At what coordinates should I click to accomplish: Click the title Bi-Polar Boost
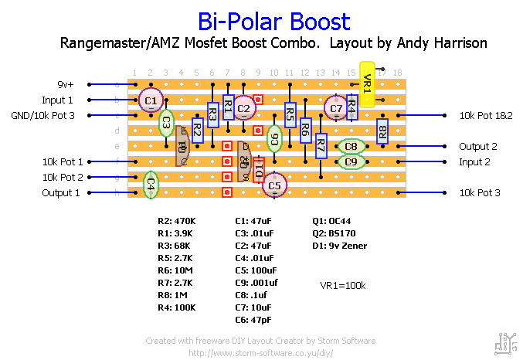point(274,22)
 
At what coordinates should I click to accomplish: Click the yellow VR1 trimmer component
point(368,83)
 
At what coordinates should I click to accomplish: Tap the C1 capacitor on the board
point(151,100)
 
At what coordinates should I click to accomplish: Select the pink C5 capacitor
point(275,185)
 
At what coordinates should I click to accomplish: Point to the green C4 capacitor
point(151,185)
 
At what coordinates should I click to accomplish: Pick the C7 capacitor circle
point(335,108)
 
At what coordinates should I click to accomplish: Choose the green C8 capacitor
point(351,146)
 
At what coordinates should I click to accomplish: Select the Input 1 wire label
point(58,100)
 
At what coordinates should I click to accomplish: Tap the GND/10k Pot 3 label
point(49,115)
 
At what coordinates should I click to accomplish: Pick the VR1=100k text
point(343,285)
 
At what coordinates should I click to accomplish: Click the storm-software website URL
point(260,352)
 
